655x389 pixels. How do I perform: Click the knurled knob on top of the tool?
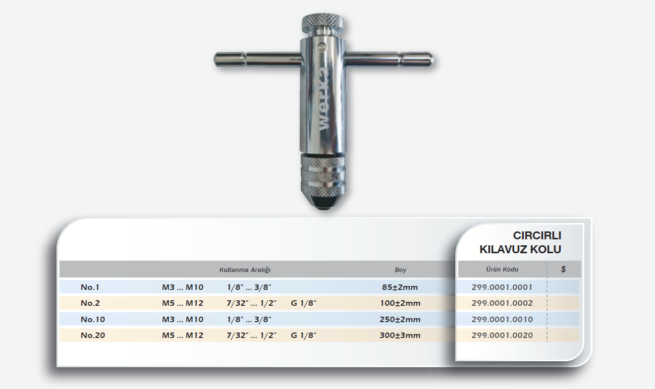(x=323, y=22)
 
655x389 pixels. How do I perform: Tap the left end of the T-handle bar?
(x=215, y=59)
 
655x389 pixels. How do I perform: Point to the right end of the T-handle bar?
(x=433, y=60)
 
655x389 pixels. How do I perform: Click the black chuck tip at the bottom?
(x=323, y=202)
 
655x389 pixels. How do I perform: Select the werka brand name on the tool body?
(x=323, y=100)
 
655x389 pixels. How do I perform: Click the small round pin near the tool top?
(x=322, y=46)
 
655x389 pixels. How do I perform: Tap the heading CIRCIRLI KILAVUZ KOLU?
(x=520, y=242)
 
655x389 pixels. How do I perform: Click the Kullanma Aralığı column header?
(x=245, y=270)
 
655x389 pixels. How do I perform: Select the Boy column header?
(x=400, y=270)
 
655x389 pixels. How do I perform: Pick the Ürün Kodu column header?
(x=502, y=270)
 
